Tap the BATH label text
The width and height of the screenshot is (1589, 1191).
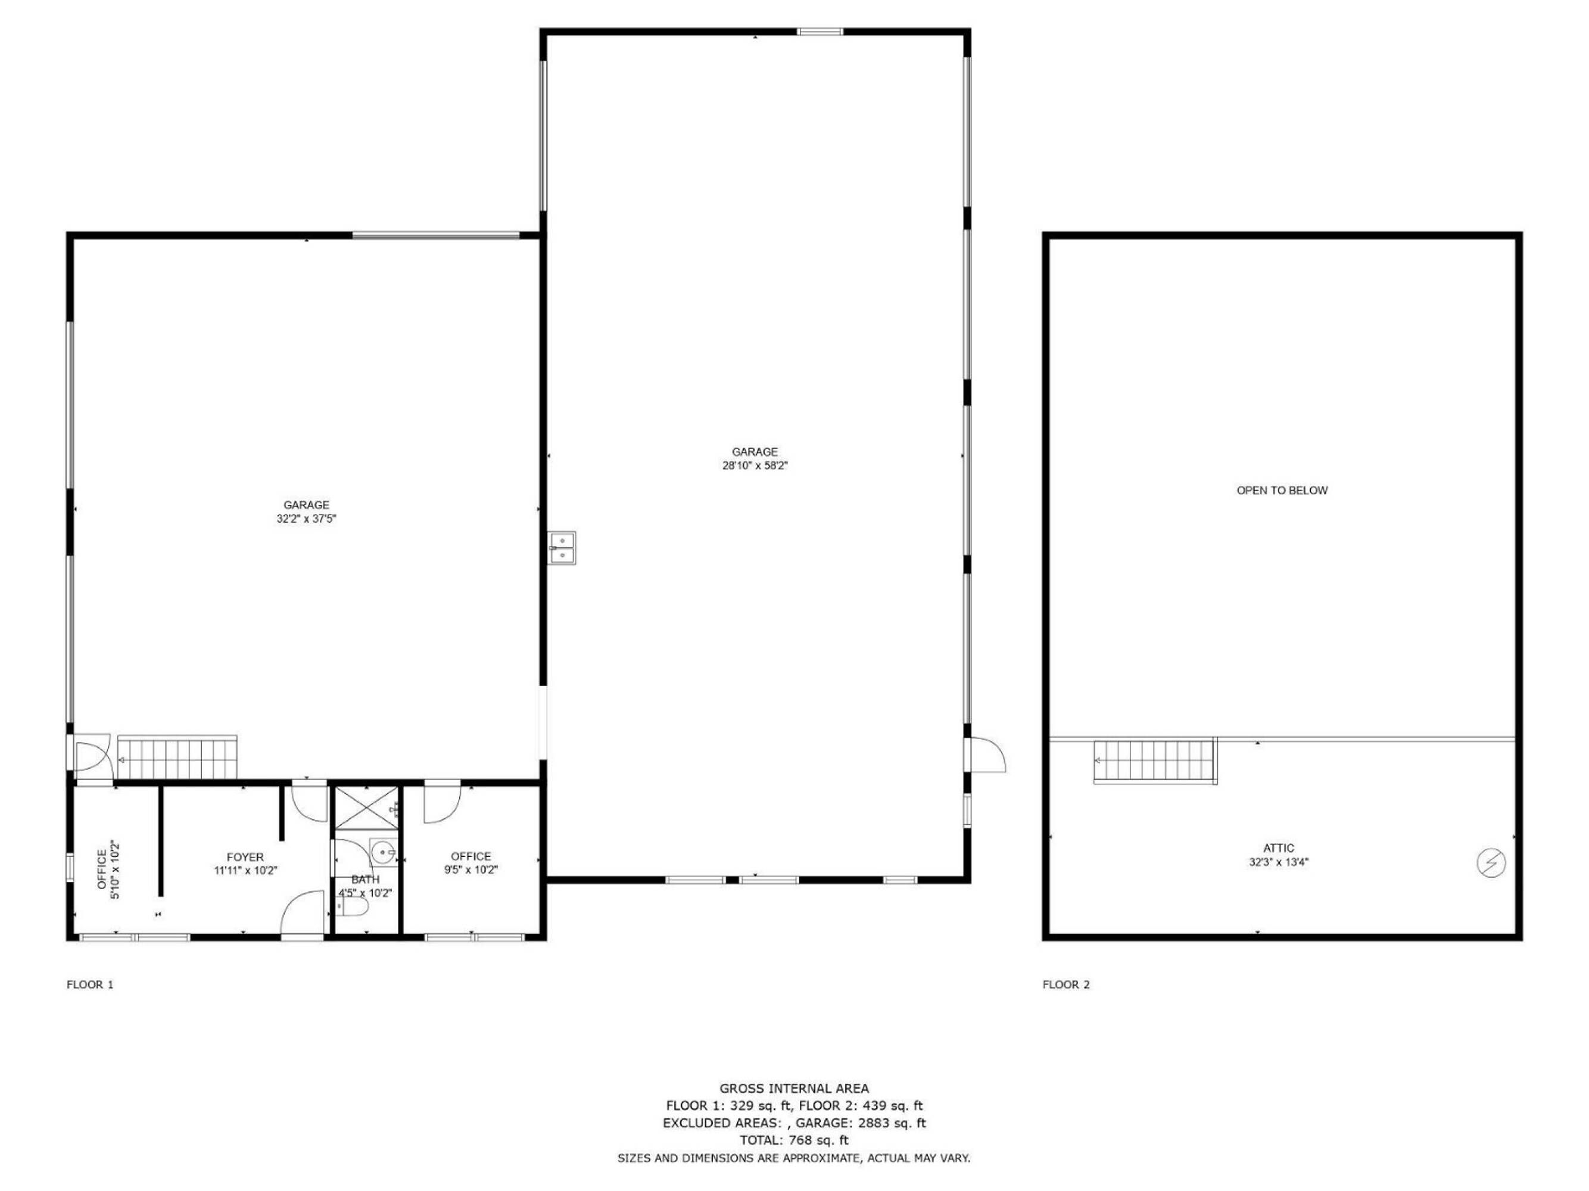[x=365, y=879]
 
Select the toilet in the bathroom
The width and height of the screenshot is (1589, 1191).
[x=353, y=909]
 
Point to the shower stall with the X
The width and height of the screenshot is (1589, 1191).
[x=366, y=809]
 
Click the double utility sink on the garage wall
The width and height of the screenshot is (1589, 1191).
[x=562, y=547]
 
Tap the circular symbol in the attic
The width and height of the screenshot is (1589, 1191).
[x=1491, y=863]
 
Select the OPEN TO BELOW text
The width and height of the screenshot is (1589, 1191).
[x=1282, y=491]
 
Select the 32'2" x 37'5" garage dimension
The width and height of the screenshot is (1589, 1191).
[x=306, y=519]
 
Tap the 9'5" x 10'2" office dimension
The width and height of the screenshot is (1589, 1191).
[x=471, y=870]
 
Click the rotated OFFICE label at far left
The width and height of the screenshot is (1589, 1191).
[x=101, y=870]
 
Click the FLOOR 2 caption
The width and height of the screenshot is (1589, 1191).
[x=1066, y=985]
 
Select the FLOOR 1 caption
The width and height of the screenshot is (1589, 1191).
[x=90, y=985]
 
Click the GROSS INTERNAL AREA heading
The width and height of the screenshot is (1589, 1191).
[x=794, y=1089]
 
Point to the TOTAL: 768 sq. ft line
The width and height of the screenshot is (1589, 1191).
[x=794, y=1140]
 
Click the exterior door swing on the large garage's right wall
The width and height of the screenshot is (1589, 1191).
[x=987, y=755]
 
